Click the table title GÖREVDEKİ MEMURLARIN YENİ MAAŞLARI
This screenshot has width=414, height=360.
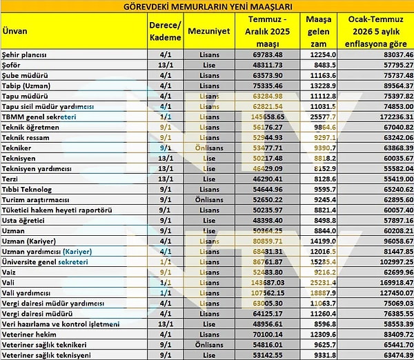point(206,6)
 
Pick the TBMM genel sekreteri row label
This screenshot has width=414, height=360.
point(38,117)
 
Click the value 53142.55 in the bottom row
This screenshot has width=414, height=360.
point(269,355)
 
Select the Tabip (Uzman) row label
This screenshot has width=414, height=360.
point(26,85)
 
